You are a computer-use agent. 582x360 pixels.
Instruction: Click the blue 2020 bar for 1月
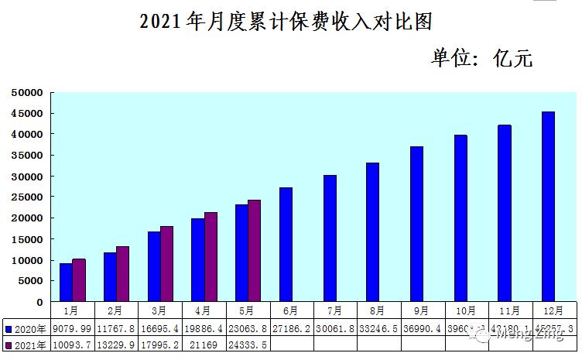point(66,283)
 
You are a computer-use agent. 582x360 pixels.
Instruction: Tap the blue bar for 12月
point(548,207)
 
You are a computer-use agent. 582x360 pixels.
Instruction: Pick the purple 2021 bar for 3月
point(166,264)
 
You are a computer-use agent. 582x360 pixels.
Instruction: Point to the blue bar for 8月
point(373,232)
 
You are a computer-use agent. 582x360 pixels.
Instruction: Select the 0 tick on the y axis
point(40,301)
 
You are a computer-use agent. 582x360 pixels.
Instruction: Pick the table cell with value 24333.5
point(247,345)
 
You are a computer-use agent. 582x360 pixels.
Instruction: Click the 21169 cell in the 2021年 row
point(203,345)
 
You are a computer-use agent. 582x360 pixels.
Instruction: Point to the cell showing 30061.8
point(335,329)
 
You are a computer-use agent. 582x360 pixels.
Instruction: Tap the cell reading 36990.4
point(423,329)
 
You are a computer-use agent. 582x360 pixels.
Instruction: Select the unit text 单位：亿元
point(482,58)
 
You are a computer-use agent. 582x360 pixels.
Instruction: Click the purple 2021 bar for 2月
point(122,274)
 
